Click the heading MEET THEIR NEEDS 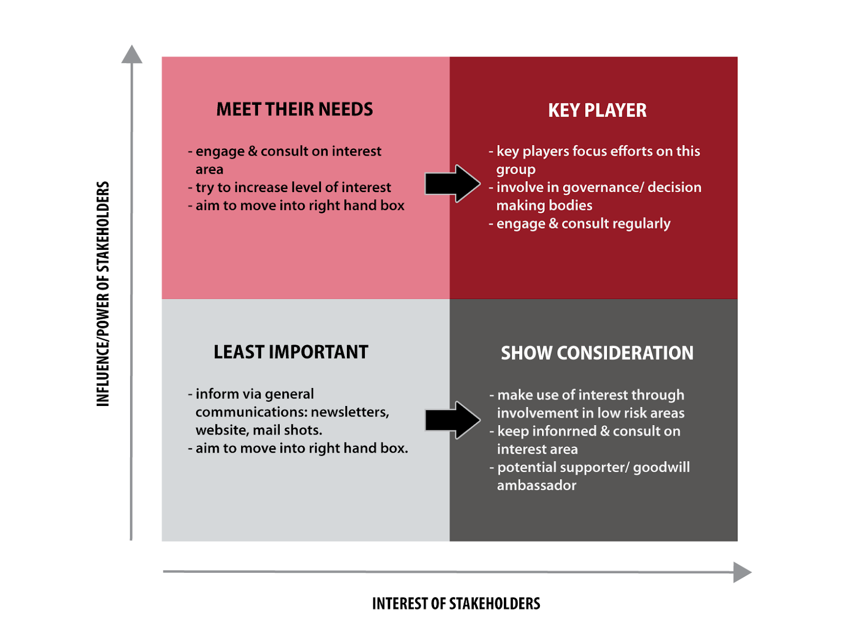pos(295,110)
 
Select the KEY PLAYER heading pos(597,111)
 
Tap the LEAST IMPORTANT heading pos(291,352)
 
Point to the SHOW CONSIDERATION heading pos(597,353)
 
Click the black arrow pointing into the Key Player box pos(453,184)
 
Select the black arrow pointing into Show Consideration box pos(453,420)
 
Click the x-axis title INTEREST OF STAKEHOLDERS pos(456,603)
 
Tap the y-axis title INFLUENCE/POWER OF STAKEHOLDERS pos(103,294)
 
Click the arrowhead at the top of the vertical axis pos(132,55)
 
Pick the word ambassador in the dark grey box pos(536,485)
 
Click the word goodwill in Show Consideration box pos(661,468)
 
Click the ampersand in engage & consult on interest pos(253,151)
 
